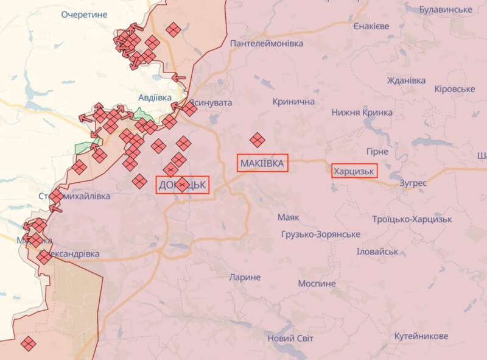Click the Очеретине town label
tap(84, 14)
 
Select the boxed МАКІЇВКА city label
tap(262, 163)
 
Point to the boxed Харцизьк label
tap(354, 171)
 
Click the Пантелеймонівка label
tap(266, 44)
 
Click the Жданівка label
tap(407, 80)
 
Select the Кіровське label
tap(455, 89)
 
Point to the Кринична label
tap(294, 102)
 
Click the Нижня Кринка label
tap(361, 112)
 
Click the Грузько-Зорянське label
tap(321, 235)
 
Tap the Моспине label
tap(317, 284)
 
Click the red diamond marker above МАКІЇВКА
tap(258, 140)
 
